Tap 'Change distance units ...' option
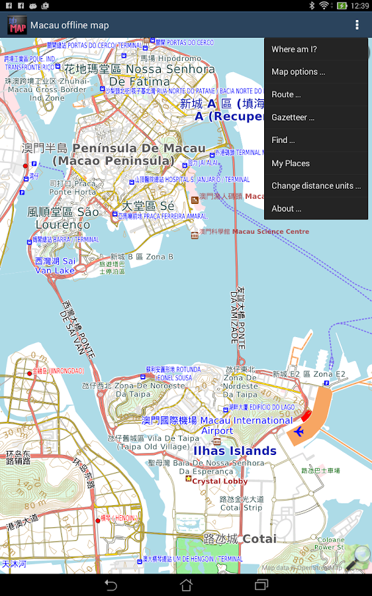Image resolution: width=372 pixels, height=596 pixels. pos(316,186)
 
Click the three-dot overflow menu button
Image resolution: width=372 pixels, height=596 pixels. pos(357,25)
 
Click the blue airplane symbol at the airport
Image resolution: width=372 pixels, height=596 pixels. pos(298,432)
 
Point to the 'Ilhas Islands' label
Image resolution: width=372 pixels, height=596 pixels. pos(234,451)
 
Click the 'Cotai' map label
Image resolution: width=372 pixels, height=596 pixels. pos(259,539)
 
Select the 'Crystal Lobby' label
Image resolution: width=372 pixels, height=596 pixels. pos(220,481)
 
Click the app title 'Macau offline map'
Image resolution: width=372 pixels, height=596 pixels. pos(70,25)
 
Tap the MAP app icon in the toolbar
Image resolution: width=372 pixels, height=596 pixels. pos(17,25)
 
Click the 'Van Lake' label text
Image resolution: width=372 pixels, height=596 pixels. pos(55,270)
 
